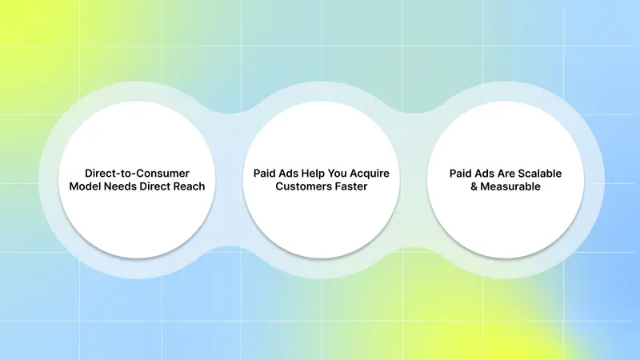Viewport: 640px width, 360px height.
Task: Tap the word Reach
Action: (189, 186)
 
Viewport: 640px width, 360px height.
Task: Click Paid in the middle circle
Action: (262, 174)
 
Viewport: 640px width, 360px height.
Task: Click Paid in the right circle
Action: (458, 174)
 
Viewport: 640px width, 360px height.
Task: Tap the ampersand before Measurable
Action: (474, 186)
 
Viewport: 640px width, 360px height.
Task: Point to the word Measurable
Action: (510, 186)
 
